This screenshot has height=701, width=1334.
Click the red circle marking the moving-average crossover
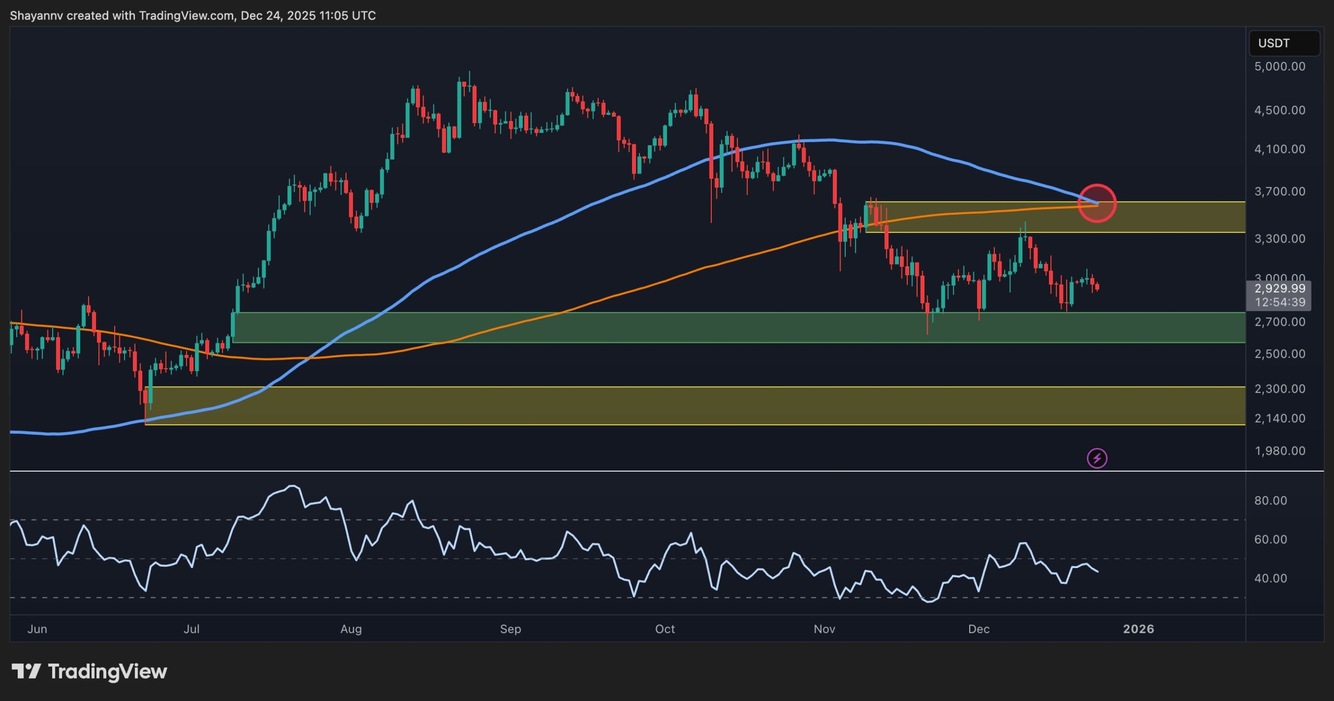tap(1097, 203)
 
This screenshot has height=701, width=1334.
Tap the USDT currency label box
tap(1283, 43)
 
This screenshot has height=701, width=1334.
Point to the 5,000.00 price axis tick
tap(1279, 67)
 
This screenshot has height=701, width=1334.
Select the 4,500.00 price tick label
tap(1279, 110)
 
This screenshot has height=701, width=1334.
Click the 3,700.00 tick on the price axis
tap(1279, 192)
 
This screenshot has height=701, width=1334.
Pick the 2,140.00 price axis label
tap(1279, 419)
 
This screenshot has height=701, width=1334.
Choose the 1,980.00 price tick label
tap(1279, 451)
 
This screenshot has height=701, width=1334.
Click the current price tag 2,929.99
tap(1279, 289)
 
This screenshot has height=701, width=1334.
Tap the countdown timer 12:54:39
tap(1279, 302)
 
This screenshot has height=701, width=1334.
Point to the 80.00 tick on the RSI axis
tap(1270, 500)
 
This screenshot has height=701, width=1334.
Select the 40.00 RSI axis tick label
tap(1270, 578)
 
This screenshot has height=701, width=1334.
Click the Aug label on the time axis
tap(351, 629)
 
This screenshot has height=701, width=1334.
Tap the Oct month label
tap(664, 629)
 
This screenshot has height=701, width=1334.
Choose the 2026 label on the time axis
tap(1138, 629)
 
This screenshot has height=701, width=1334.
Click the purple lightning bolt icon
tap(1097, 459)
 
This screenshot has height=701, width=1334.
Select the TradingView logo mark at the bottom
tap(26, 671)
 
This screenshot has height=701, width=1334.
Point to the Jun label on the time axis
tap(37, 629)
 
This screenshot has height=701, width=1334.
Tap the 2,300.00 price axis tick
tap(1279, 389)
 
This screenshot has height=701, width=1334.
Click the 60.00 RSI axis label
tap(1270, 539)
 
